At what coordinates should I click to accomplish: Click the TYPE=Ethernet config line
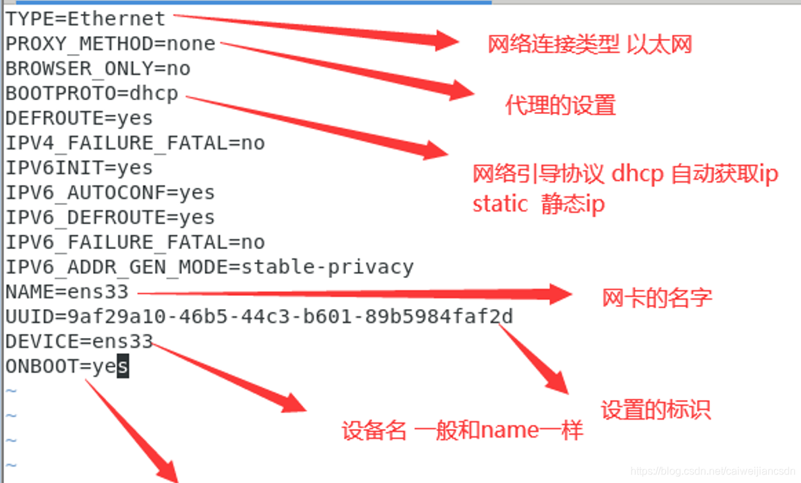pos(86,19)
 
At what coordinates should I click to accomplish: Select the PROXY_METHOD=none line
pos(111,44)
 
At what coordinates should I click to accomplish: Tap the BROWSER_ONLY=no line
pos(98,69)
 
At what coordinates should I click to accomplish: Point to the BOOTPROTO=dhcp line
pos(92,94)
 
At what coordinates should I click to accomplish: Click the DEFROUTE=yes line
pos(79,119)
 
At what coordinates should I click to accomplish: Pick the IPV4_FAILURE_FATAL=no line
pos(135,143)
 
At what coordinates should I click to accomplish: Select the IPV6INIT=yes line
pos(79,168)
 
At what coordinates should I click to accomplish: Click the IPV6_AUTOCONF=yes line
pos(110,193)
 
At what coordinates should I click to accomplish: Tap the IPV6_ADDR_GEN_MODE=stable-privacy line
pos(209,267)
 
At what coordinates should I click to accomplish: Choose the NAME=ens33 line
pos(67,292)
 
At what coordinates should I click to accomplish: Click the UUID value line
pos(259,317)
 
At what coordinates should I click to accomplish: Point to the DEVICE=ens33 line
pos(79,341)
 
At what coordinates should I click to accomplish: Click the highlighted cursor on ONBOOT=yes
pos(123,366)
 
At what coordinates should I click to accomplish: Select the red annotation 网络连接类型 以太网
pos(590,45)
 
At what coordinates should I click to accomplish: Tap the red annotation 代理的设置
pos(561,105)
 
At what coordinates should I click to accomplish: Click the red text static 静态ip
pos(538,205)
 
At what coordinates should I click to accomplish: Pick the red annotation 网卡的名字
pos(657,298)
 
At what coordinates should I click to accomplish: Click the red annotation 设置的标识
pos(655,410)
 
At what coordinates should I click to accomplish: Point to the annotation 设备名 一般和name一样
pos(462,431)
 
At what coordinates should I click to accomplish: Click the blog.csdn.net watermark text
pos(713,471)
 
